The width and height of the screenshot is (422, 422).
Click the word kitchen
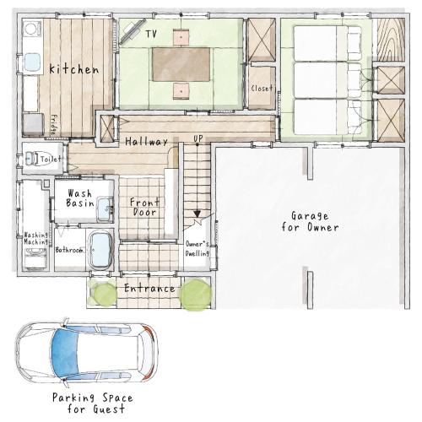pyautogui.click(x=74, y=69)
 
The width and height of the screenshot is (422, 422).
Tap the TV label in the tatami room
pyautogui.click(x=151, y=34)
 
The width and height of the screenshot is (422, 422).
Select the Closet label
pyautogui.click(x=262, y=89)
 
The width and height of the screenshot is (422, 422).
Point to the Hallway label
pyautogui.click(x=146, y=141)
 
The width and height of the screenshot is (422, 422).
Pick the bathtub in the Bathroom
pyautogui.click(x=100, y=250)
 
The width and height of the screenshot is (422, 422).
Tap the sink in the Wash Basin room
pyautogui.click(x=105, y=209)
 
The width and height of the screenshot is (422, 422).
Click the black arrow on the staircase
pyautogui.click(x=197, y=214)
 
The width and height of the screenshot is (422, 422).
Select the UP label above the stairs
pyautogui.click(x=197, y=138)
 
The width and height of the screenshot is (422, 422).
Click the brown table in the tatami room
pyautogui.click(x=181, y=64)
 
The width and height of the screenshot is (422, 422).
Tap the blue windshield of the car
pyautogui.click(x=65, y=353)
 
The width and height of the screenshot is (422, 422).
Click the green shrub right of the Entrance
pyautogui.click(x=196, y=295)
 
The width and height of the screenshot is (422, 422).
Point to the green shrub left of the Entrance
pyautogui.click(x=105, y=294)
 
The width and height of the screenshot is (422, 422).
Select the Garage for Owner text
pyautogui.click(x=310, y=222)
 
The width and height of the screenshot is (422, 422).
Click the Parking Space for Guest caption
pyautogui.click(x=93, y=403)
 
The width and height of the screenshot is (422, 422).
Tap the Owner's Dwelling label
pyautogui.click(x=197, y=249)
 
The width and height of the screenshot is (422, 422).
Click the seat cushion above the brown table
pyautogui.click(x=181, y=37)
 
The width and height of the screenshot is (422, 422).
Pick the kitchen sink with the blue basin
pyautogui.click(x=32, y=63)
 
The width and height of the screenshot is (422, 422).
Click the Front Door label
pyautogui.click(x=144, y=207)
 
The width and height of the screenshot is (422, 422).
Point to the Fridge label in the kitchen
pyautogui.click(x=53, y=124)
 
